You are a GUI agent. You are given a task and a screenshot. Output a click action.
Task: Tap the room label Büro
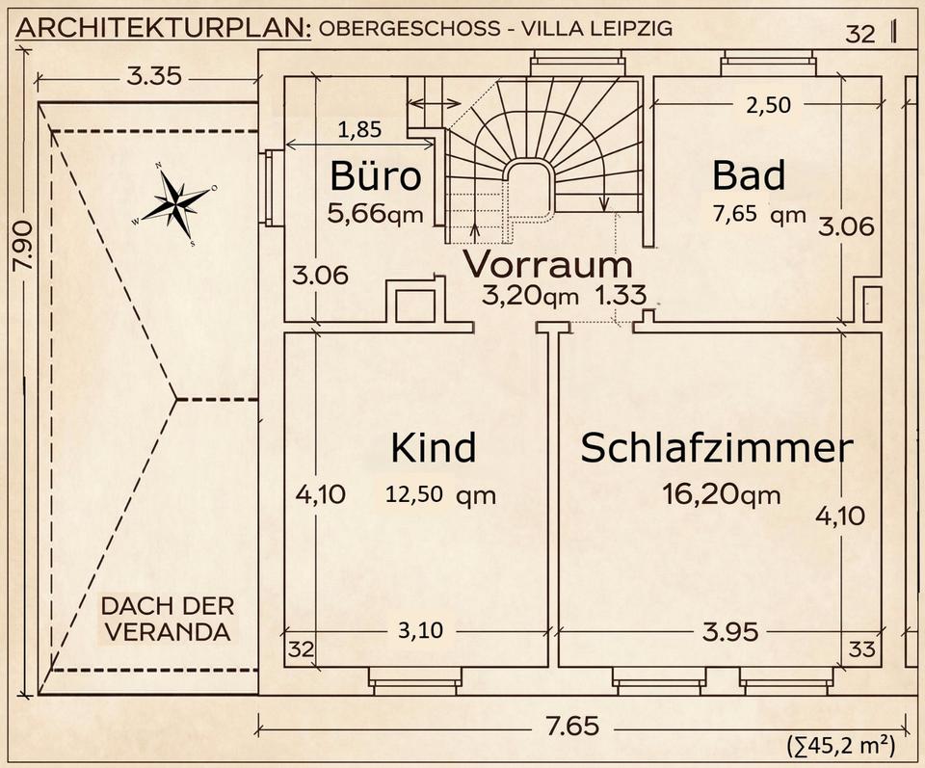[x=376, y=175]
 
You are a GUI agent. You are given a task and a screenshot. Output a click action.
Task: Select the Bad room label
[x=749, y=174]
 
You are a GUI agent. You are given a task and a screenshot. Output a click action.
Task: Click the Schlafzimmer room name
[x=717, y=448]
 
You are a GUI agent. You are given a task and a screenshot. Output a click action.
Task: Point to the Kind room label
[x=433, y=448]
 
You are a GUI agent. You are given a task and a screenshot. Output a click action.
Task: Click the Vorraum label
[x=547, y=264]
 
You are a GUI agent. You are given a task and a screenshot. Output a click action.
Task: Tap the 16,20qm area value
[x=721, y=494]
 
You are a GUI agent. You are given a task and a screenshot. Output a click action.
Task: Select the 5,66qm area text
[x=376, y=214]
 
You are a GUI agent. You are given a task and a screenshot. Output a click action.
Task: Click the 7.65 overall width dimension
[x=572, y=726]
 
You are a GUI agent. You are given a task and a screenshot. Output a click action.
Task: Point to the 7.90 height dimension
[x=22, y=246]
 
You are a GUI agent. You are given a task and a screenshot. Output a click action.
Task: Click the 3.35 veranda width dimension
[x=154, y=77]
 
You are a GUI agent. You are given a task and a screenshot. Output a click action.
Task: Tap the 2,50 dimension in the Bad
[x=768, y=105]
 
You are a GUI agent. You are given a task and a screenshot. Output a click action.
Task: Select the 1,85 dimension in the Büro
[x=360, y=129]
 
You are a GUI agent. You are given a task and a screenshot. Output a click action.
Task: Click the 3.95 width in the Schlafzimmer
[x=730, y=632]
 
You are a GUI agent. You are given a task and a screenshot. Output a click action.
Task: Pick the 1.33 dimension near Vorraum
[x=621, y=295]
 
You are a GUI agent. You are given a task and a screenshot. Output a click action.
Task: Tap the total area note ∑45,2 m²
[x=840, y=746]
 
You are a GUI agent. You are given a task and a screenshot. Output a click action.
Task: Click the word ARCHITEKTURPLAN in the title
[x=164, y=28]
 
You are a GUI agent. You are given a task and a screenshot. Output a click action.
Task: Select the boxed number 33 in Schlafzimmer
[x=861, y=649]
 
